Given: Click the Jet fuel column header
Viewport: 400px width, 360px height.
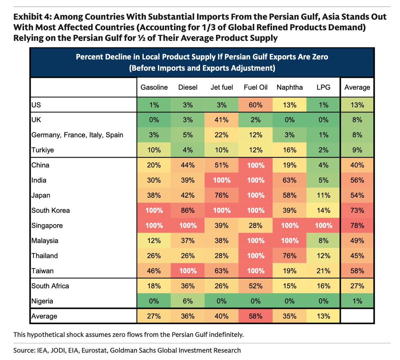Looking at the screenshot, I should [222, 87].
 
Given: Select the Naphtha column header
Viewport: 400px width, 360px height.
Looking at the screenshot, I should [290, 87].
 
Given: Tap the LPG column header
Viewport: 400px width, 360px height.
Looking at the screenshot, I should [323, 87].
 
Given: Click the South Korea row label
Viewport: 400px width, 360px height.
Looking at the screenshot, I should [51, 210].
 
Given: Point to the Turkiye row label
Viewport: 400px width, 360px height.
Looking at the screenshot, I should [43, 150].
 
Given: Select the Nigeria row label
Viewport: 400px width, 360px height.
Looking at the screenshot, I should [42, 301].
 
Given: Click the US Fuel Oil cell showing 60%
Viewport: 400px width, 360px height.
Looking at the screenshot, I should [256, 105].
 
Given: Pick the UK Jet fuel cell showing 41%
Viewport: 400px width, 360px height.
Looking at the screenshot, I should [222, 120].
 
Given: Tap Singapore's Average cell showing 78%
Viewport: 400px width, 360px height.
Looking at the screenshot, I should [357, 226].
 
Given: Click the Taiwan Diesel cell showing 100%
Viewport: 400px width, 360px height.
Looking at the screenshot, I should [188, 271].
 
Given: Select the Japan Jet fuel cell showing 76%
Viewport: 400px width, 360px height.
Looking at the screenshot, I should [222, 195].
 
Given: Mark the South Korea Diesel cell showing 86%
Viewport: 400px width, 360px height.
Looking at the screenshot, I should [188, 210].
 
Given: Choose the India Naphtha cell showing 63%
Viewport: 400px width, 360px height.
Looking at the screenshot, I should [290, 180].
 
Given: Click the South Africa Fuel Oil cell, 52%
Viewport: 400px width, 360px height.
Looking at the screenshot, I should [256, 286].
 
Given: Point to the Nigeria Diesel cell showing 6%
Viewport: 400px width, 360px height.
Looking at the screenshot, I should [188, 301].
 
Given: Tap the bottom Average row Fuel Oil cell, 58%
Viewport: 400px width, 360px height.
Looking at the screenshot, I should [256, 316].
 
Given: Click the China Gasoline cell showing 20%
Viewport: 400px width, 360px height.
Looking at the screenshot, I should [154, 165].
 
